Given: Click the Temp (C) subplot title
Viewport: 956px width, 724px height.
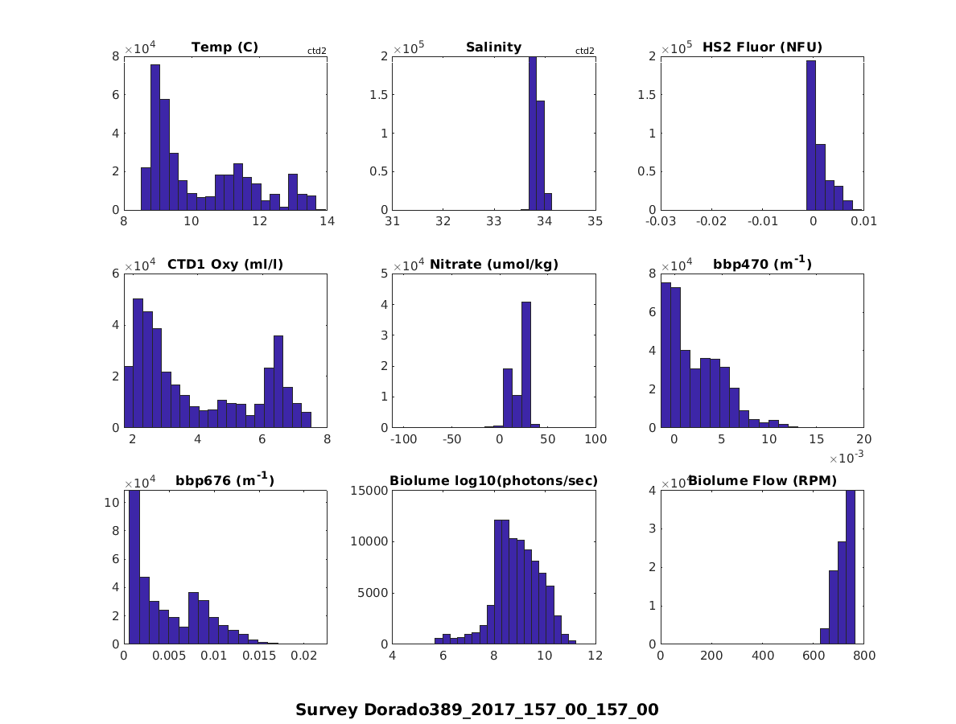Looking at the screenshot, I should point(225,47).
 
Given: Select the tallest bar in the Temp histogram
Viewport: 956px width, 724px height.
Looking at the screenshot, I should point(155,137).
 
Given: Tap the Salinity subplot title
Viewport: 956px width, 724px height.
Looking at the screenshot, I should point(493,47).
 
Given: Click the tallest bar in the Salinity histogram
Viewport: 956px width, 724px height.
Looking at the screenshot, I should point(532,133).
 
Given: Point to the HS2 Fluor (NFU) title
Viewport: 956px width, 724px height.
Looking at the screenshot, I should point(762,47).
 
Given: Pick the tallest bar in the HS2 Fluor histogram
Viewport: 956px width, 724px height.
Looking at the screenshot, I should point(810,135).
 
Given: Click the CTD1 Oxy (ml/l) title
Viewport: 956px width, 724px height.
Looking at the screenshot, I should point(225,264).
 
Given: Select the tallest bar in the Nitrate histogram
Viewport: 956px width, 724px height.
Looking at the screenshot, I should point(526,364).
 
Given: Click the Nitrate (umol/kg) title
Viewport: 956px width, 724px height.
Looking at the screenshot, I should point(493,264).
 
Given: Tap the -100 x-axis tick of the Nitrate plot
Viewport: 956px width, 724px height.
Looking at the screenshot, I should point(402,439).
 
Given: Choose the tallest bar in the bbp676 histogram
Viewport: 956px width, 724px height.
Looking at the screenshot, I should point(134,567).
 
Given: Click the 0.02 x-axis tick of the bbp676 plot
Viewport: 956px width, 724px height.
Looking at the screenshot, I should point(303,656).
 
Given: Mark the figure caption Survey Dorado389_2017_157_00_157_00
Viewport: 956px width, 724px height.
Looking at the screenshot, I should point(477,710).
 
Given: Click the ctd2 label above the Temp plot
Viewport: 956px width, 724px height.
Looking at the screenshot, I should point(316,51).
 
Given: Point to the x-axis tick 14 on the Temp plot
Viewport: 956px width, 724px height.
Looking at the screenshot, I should point(327,223).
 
